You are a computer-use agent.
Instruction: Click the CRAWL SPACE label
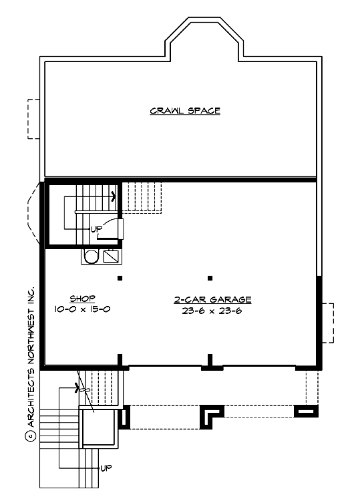coord(185,111)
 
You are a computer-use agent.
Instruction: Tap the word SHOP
coord(83,299)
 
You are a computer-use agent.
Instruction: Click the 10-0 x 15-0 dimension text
coord(83,309)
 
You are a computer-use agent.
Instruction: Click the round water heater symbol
coord(92,256)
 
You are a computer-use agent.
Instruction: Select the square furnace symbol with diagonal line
coord(112,256)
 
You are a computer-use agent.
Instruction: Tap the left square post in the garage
coord(120,278)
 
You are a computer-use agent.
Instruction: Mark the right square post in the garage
coord(210,278)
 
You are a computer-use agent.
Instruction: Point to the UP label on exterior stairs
coord(106,468)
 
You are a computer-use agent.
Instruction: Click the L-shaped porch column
coord(213,414)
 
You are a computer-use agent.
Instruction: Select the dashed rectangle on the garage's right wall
coord(327,322)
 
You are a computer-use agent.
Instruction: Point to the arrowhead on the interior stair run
coord(113,196)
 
